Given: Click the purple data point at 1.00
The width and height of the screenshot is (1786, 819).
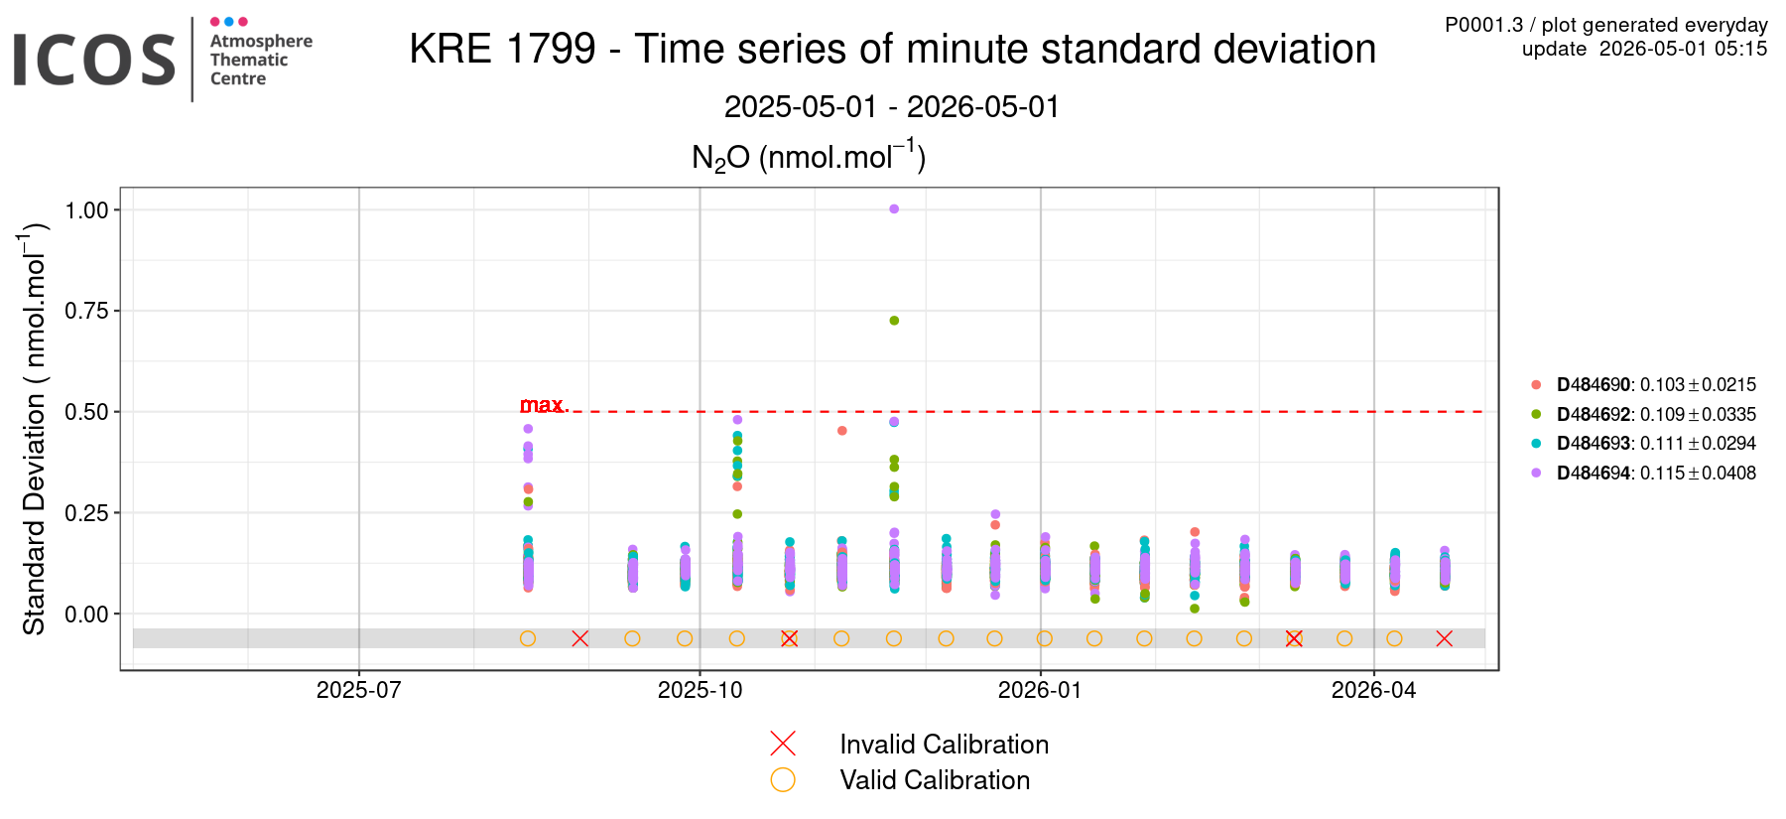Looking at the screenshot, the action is (x=894, y=208).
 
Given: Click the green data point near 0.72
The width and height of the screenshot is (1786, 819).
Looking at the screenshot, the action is (x=894, y=321).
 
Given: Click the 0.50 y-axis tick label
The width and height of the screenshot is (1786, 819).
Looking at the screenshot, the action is (x=86, y=412).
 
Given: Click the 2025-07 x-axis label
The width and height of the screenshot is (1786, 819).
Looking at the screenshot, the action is (x=359, y=690).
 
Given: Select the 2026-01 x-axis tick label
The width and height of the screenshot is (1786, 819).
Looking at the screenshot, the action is (x=1040, y=690).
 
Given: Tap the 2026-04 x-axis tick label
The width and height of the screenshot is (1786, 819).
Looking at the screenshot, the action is (x=1374, y=690).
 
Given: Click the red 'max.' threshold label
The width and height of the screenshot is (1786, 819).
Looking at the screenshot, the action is (x=544, y=405).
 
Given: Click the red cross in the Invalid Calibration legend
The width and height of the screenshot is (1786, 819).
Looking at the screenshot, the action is (x=783, y=744).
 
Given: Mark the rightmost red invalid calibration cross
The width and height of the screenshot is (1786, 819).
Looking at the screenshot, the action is (x=1445, y=638).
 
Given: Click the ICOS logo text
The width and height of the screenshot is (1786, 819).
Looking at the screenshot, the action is (x=94, y=60).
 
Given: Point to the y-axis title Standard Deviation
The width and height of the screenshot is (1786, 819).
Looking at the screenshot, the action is (x=35, y=514).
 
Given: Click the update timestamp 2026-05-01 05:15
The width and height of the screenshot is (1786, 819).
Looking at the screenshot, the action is (x=1684, y=49).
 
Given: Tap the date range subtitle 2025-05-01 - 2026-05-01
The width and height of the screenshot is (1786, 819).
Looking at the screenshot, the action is (x=892, y=106).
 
